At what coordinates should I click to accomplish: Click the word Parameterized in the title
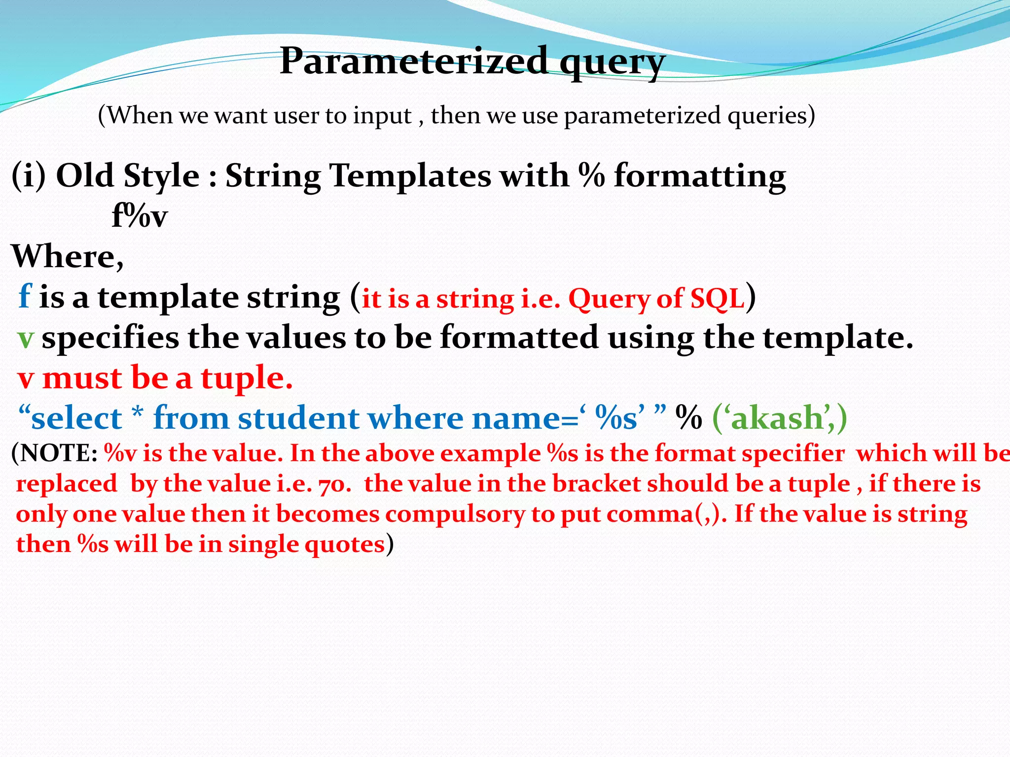point(413,61)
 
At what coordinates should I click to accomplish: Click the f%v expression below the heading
point(140,216)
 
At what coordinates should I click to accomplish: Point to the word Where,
point(68,256)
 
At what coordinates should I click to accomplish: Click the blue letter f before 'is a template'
point(25,297)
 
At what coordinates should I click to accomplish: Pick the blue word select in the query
point(76,418)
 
